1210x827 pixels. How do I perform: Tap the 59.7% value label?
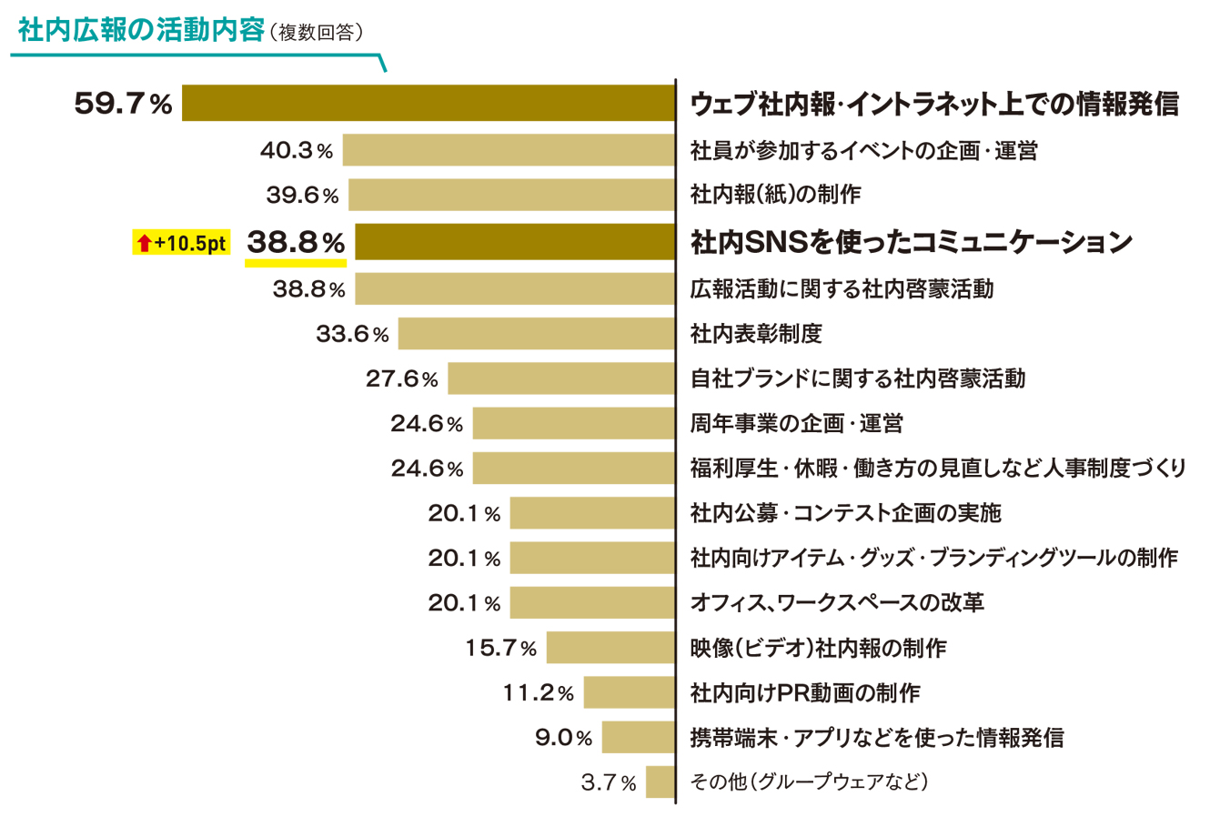(123, 104)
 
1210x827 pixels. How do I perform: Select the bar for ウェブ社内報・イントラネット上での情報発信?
(429, 103)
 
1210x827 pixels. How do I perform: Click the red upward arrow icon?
(144, 243)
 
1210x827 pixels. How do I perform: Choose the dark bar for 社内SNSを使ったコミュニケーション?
(515, 242)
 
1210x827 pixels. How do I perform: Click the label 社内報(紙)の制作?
(775, 194)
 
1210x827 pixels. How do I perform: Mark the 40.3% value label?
(297, 150)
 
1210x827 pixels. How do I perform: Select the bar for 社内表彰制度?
(537, 334)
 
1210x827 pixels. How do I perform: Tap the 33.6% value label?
(352, 335)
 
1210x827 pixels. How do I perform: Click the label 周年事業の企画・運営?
(796, 423)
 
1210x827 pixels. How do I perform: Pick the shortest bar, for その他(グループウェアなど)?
(660, 782)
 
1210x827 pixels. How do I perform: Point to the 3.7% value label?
(609, 782)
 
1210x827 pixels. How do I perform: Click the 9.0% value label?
(563, 737)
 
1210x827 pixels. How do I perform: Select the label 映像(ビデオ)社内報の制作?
(818, 648)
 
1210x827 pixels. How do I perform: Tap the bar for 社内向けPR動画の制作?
(629, 692)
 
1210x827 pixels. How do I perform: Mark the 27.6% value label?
(401, 379)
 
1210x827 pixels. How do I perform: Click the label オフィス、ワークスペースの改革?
(837, 602)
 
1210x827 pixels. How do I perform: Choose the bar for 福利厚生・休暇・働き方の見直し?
(573, 468)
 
